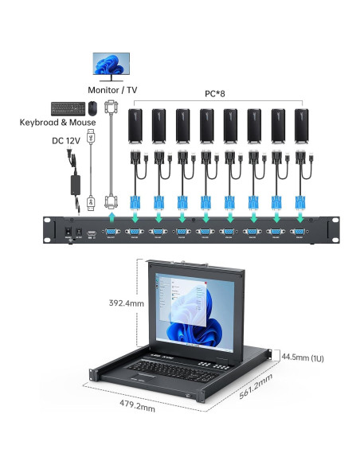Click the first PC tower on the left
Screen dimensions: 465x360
[135, 126]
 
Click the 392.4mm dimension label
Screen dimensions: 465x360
[127, 303]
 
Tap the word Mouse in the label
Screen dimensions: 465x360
[82, 122]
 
